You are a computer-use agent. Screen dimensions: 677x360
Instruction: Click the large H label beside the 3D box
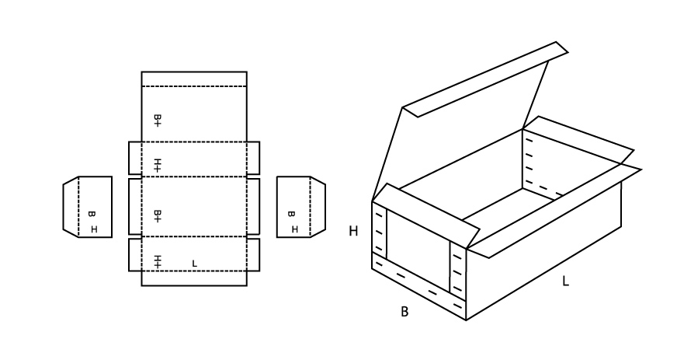353,231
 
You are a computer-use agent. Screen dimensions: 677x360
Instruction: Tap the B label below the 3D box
404,312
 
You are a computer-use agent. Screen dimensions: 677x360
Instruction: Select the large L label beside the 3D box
565,281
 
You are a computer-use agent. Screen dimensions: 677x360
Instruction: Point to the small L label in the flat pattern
194,263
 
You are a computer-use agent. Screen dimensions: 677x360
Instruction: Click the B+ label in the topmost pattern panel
158,121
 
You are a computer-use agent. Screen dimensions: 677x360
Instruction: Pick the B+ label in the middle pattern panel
158,216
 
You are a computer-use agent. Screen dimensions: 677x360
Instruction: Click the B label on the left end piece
91,214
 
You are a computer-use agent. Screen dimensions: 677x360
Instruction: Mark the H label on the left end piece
94,229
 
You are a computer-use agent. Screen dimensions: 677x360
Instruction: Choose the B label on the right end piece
291,214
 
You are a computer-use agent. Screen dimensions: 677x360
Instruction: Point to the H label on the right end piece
294,229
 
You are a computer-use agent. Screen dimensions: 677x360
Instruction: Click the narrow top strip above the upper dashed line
194,79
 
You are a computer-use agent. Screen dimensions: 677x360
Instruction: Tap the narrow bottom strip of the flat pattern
194,278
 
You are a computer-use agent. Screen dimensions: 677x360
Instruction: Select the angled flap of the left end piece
71,207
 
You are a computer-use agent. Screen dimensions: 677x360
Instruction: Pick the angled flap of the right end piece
318,207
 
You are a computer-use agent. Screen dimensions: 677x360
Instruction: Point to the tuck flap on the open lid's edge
485,79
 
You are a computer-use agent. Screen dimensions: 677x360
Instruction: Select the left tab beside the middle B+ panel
135,207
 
